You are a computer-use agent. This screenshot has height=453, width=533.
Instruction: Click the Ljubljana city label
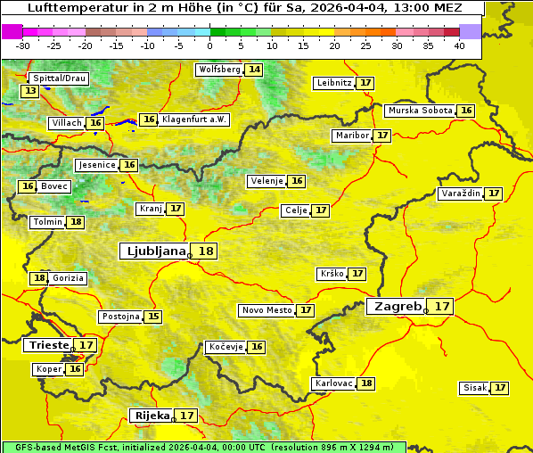tap(153, 251)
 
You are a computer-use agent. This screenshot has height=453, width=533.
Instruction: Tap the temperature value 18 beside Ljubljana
tap(206, 251)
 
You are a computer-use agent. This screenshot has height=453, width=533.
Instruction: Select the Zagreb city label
tap(397, 306)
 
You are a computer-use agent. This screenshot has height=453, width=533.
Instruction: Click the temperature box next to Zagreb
tap(442, 306)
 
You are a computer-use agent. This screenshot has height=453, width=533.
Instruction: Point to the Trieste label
tap(48, 344)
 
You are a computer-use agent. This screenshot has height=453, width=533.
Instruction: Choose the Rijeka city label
tap(152, 415)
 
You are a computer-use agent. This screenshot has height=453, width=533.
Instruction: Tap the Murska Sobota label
tap(420, 111)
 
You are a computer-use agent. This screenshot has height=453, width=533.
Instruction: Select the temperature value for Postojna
tap(153, 316)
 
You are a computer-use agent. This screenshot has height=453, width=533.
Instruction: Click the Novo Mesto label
tap(266, 310)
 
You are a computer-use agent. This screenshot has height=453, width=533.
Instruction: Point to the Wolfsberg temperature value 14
tap(255, 70)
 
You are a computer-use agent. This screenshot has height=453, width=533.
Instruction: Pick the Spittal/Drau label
tap(59, 78)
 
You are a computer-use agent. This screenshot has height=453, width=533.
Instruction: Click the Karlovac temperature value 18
tap(366, 383)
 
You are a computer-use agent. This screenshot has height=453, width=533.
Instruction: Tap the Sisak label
tap(474, 388)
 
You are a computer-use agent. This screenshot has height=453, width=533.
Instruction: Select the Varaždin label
tap(461, 194)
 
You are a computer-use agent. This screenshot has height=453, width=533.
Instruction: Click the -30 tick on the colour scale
tap(23, 45)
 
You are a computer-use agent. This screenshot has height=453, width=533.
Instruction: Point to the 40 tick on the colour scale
tap(459, 45)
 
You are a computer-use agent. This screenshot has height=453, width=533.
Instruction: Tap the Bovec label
tap(54, 186)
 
